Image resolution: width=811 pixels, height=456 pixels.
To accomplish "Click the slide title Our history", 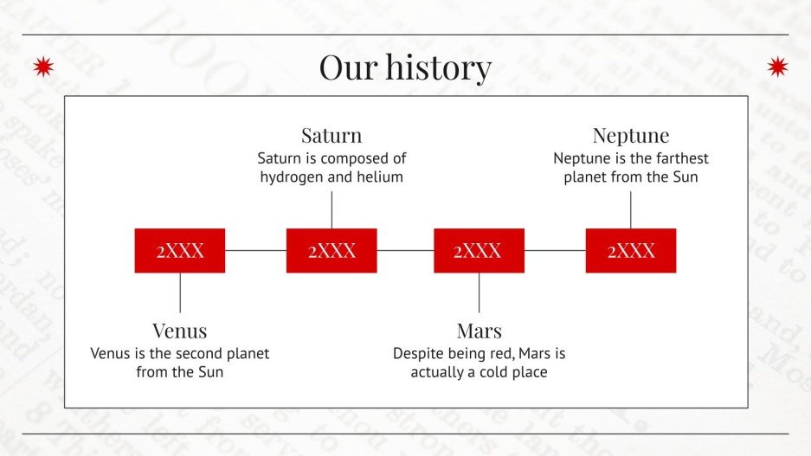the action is [405, 67].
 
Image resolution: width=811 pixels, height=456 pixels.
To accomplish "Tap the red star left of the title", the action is [43, 67].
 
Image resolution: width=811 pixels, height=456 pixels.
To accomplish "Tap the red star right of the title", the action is [777, 67].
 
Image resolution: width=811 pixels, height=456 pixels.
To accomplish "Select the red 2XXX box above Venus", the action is [180, 251].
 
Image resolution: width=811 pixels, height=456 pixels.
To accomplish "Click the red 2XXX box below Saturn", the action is [331, 251].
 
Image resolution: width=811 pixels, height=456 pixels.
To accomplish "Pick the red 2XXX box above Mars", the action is [479, 251].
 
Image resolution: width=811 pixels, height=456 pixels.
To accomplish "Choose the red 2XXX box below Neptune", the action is [631, 251].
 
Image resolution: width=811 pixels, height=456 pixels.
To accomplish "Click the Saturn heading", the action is [331, 136].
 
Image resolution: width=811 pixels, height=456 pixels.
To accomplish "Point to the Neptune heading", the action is [631, 136].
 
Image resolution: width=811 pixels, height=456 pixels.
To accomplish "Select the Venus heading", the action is [180, 331].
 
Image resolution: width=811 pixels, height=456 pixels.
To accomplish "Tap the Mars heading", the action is [480, 331].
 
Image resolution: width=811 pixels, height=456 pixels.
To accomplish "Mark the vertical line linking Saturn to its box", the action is [331, 210].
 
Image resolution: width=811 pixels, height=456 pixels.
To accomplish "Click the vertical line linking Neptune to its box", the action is [630, 210].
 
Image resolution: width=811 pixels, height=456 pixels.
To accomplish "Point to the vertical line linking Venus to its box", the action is [180, 292].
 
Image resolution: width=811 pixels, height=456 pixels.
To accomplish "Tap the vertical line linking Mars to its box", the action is [479, 292].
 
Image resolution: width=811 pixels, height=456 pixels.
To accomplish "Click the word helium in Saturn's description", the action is [380, 177].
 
